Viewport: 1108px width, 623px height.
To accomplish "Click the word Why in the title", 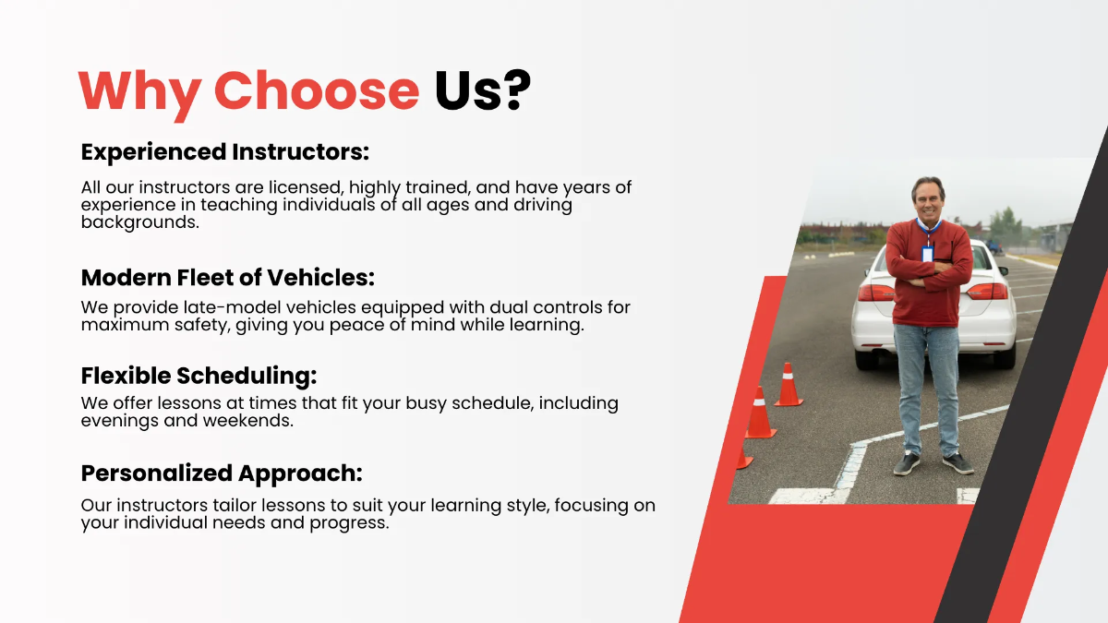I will [x=139, y=91].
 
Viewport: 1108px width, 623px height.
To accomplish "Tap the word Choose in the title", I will [x=317, y=90].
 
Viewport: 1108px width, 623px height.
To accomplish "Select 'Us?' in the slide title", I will [x=483, y=90].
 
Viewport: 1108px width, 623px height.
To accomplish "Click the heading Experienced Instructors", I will [x=225, y=151].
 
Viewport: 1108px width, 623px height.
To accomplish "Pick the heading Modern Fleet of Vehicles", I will [x=228, y=277].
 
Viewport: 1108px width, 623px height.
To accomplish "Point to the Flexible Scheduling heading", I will [x=199, y=376].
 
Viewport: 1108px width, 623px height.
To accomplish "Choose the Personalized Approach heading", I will [x=222, y=473].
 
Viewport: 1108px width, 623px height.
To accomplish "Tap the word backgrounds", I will [x=139, y=222].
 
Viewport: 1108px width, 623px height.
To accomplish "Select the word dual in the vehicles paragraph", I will [x=500, y=307].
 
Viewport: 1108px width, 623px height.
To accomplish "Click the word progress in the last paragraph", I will [x=350, y=522].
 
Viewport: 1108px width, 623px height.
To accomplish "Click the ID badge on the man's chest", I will [x=927, y=252].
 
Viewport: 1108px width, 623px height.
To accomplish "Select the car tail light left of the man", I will [x=873, y=291].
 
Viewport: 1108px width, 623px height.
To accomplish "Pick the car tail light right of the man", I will [x=987, y=291].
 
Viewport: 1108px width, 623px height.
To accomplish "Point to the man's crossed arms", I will [x=928, y=272].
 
